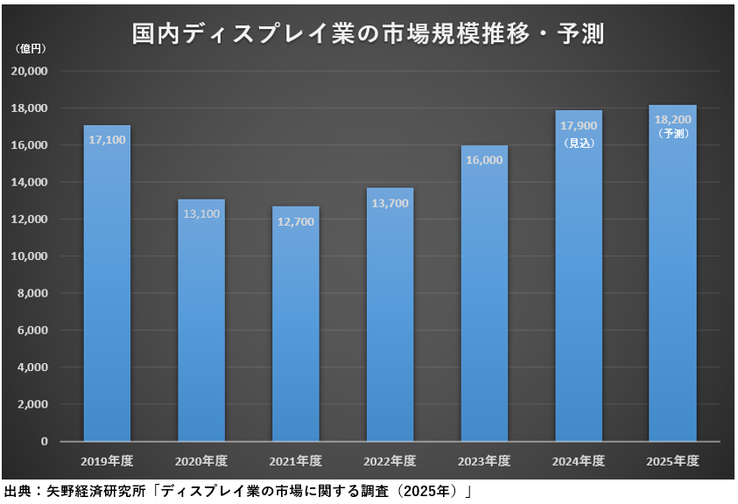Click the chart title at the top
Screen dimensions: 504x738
pyautogui.click(x=368, y=34)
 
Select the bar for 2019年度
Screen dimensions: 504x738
pyautogui.click(x=107, y=289)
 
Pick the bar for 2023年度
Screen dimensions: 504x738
pyautogui.click(x=483, y=297)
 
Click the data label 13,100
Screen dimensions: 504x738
pyautogui.click(x=201, y=213)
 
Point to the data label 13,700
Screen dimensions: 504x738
pyautogui.click(x=390, y=202)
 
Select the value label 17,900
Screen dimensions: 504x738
pyautogui.click(x=579, y=125)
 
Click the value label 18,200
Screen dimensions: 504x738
pyautogui.click(x=672, y=120)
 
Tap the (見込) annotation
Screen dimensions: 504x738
pyautogui.click(x=579, y=142)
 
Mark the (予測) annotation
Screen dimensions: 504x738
pyautogui.click(x=672, y=134)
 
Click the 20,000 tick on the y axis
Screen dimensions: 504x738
pyautogui.click(x=31, y=71)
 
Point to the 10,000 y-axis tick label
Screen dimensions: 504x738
pyautogui.click(x=31, y=256)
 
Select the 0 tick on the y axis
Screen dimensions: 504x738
pyautogui.click(x=43, y=442)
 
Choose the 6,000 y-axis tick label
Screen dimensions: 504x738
pyautogui.click(x=33, y=331)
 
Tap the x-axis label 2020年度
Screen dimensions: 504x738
pyautogui.click(x=201, y=460)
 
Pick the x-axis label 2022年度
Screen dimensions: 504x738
pyautogui.click(x=390, y=460)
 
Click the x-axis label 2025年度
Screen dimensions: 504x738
pyautogui.click(x=672, y=460)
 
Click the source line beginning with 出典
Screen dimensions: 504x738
pyautogui.click(x=236, y=492)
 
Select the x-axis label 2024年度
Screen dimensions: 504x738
pyautogui.click(x=579, y=460)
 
